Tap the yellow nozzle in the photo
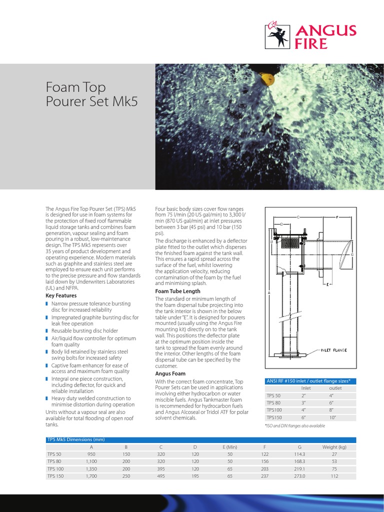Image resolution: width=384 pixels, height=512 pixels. coord(269,78)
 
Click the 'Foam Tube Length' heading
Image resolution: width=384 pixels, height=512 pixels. coord(177,291)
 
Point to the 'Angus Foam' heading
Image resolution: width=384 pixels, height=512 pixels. coord(170,373)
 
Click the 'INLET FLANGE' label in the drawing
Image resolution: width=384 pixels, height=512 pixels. coord(333,350)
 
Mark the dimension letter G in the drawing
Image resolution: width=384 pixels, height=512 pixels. coord(352,254)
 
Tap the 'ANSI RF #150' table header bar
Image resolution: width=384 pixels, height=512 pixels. coord(310,381)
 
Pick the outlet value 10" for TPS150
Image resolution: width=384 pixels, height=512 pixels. coord(332,416)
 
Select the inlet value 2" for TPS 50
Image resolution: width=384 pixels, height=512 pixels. coord(303,395)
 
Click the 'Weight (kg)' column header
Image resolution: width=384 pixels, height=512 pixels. coord(334,446)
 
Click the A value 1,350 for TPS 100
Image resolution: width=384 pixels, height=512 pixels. coord(90,469)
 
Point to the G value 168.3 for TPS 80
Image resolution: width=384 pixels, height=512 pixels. coord(299,461)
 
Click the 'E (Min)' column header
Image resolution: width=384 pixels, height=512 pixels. coord(230,446)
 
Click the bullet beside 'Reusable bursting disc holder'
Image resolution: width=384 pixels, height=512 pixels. coord(46,331)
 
